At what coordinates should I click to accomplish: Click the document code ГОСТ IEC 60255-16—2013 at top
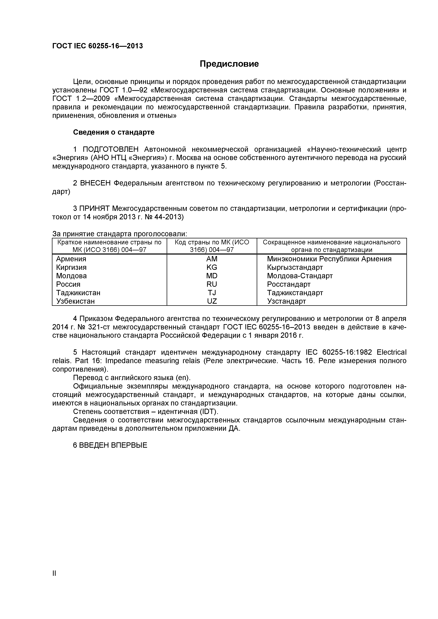click(x=97, y=46)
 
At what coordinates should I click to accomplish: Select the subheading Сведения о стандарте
click(x=114, y=132)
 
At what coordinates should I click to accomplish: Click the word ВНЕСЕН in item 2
click(x=96, y=183)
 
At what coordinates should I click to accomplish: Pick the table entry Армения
click(x=71, y=259)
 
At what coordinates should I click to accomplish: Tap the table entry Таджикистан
click(x=78, y=293)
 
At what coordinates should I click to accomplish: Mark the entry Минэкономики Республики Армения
click(x=329, y=259)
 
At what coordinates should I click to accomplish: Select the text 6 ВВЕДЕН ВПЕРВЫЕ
click(x=110, y=445)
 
